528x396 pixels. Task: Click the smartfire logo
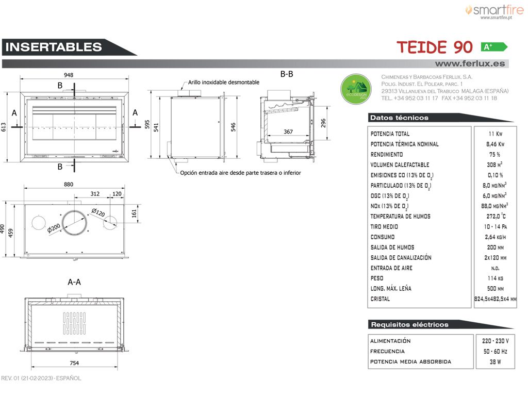[494, 12]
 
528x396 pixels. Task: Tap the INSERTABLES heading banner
[69, 47]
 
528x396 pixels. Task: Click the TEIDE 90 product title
[434, 47]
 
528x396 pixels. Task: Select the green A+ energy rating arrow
[494, 47]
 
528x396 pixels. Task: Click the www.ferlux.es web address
[470, 63]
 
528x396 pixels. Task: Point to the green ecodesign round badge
[356, 89]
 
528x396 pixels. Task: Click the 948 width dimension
[69, 75]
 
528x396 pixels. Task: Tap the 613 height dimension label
[4, 127]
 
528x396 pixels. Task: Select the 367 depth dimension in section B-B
[288, 131]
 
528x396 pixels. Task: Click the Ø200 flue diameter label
[54, 228]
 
